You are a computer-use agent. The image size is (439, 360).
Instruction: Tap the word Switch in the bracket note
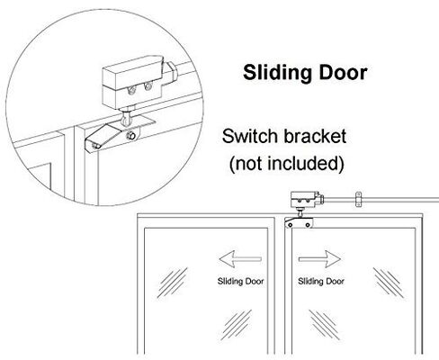[250, 136]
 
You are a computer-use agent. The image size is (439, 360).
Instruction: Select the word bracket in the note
[315, 136]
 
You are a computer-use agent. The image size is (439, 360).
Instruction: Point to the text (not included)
[286, 164]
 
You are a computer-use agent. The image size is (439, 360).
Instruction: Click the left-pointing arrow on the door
[240, 259]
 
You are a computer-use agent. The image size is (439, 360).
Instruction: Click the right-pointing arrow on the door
[319, 259]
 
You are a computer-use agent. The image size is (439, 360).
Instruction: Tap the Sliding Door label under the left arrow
[240, 282]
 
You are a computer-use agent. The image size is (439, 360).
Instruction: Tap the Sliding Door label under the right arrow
[321, 282]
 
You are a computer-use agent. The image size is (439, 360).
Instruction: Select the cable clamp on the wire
[358, 199]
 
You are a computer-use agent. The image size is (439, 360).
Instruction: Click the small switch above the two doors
[307, 201]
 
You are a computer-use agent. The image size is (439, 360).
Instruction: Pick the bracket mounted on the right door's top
[299, 222]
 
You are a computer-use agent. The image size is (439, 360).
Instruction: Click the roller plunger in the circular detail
[126, 118]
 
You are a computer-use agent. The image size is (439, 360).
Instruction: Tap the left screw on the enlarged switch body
[131, 89]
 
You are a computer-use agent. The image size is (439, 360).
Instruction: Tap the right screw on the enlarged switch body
[148, 86]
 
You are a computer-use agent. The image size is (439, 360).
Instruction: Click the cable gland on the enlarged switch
[170, 73]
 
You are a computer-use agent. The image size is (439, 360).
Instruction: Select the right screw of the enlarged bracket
[130, 136]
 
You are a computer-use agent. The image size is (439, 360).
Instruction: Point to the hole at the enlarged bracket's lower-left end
[95, 146]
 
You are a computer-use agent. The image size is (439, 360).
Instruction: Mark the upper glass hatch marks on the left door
[173, 282]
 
